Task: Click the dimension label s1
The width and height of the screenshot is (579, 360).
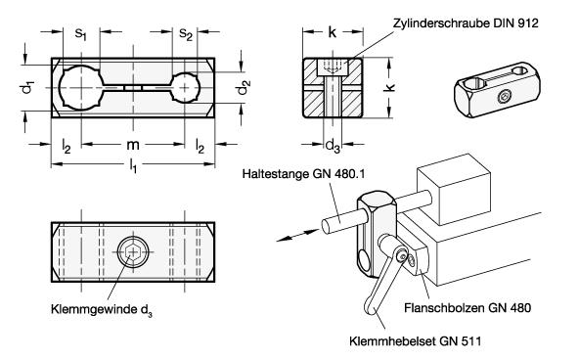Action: (80, 34)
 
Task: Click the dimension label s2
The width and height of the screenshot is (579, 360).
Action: (186, 34)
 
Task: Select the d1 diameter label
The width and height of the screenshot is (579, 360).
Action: (27, 87)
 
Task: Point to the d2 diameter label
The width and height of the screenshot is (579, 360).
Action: (244, 87)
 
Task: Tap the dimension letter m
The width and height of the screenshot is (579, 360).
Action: (133, 145)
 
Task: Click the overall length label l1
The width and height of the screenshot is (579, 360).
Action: (133, 165)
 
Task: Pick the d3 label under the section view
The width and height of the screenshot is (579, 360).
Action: (333, 146)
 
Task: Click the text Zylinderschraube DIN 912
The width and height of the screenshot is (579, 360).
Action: (466, 22)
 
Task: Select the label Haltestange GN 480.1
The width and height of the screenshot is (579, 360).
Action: (303, 173)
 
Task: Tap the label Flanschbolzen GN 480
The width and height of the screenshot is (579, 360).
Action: (468, 307)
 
